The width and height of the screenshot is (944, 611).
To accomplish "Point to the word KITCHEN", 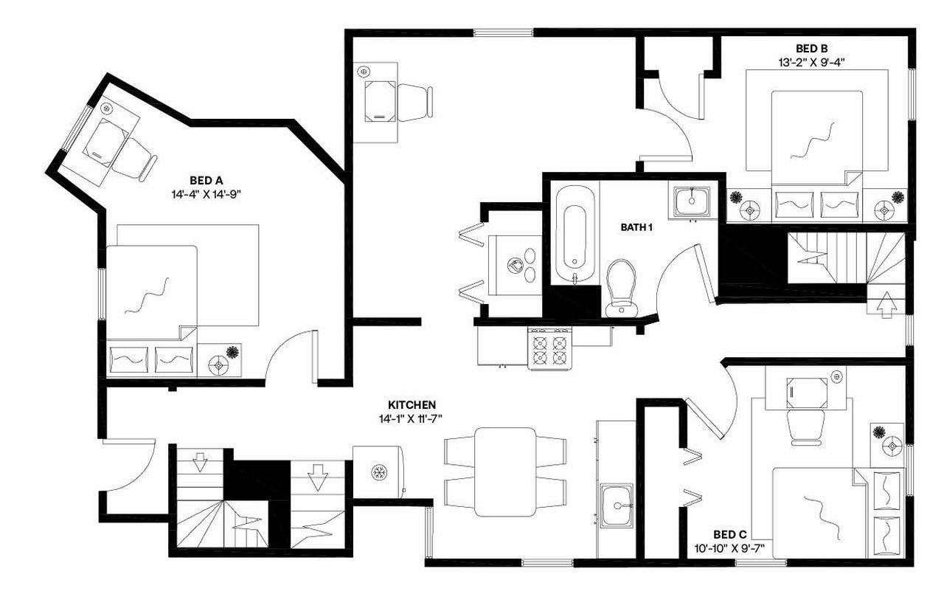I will [x=412, y=405].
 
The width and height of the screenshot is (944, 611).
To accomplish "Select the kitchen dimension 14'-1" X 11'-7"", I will [x=412, y=418].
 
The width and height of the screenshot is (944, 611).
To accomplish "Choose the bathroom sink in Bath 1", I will [x=692, y=201].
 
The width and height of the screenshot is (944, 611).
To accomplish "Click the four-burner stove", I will [x=551, y=349].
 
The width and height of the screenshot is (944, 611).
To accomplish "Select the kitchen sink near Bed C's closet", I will [x=617, y=505].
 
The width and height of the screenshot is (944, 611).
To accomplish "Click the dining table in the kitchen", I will [x=505, y=472].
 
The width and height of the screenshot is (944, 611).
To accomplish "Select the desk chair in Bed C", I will [x=803, y=427].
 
